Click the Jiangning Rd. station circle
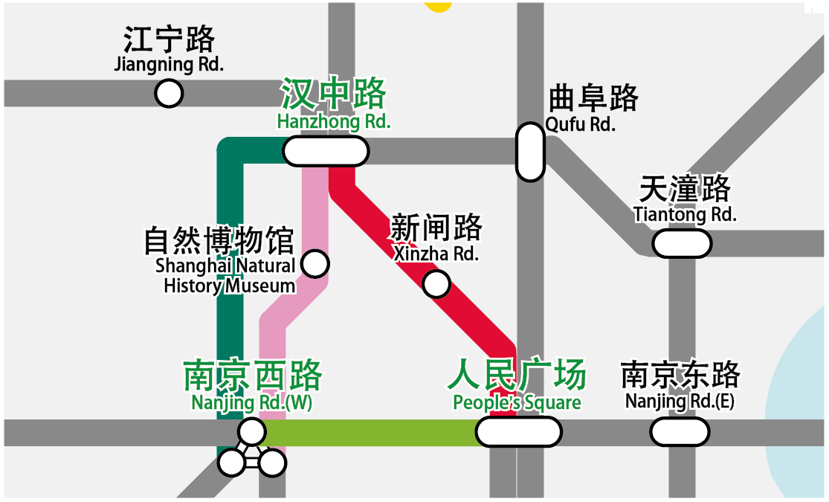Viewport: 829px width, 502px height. point(169,94)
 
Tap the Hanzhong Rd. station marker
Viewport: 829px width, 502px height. point(326,151)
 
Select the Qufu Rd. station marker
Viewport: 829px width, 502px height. point(530,152)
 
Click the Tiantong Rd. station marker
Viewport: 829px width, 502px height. point(681,243)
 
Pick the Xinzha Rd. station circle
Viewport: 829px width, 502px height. point(436,283)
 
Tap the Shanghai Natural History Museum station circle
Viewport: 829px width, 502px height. point(316,263)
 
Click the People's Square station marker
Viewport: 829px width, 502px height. point(518,431)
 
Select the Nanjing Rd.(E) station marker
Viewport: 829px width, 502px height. point(680,431)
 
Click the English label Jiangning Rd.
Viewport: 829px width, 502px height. point(169,64)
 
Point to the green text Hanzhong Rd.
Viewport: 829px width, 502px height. point(334,121)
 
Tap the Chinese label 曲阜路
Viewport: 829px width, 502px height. point(593,98)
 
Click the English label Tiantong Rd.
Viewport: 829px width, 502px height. point(685,214)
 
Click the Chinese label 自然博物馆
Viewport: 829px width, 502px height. point(219,242)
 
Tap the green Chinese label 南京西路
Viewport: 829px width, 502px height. point(253,376)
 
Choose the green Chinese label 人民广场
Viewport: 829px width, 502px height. point(517,376)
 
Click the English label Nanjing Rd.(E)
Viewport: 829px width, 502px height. point(680,402)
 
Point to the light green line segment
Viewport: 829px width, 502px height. point(372,432)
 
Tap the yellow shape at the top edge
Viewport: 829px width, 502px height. point(438,5)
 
